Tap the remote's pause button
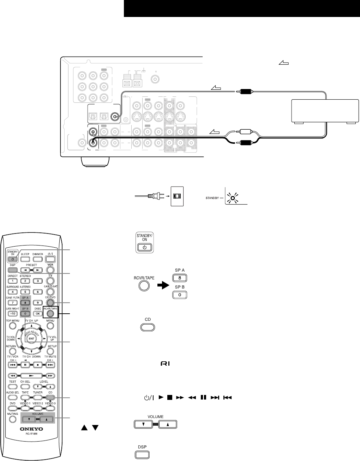pos(25,364)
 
